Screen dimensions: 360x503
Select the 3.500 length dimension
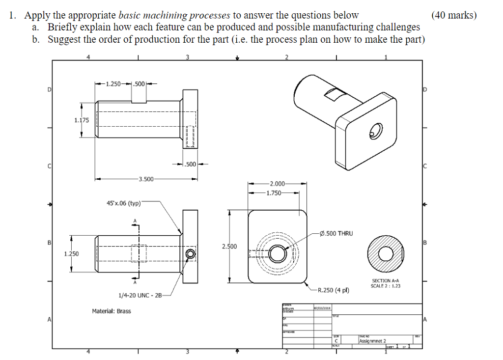tap(146, 178)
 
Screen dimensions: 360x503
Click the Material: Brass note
tap(112, 311)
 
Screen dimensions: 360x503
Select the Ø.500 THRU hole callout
tap(335, 233)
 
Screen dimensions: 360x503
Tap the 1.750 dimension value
tap(274, 193)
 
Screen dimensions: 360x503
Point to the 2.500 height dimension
tap(229, 246)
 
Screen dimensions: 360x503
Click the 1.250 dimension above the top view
tap(115, 84)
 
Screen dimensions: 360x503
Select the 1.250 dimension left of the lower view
tap(72, 253)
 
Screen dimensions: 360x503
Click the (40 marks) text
tap(454, 15)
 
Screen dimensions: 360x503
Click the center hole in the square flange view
tap(278, 254)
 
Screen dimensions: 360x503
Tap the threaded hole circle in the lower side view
tap(190, 253)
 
